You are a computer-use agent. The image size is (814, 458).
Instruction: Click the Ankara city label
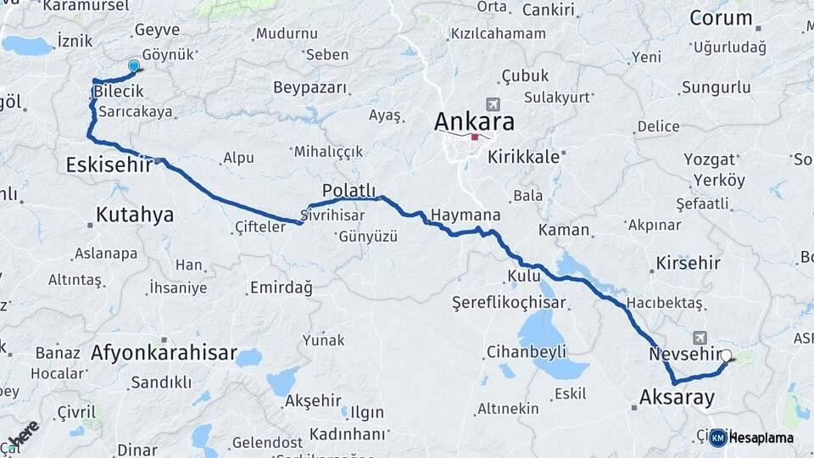coord(474,121)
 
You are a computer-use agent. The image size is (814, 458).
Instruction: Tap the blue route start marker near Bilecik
coord(134,66)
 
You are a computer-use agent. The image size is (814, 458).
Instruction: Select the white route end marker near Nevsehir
coord(727,356)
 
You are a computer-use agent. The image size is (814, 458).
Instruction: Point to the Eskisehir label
coord(108,165)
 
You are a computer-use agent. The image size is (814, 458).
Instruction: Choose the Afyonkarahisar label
coord(164,352)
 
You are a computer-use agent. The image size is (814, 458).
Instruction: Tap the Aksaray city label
coord(677,397)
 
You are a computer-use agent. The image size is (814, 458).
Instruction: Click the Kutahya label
coord(135,215)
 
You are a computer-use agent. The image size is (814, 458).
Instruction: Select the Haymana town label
coord(465,215)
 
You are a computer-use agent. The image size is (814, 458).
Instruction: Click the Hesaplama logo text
coord(761,438)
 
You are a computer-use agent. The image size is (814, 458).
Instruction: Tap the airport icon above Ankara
coord(495,103)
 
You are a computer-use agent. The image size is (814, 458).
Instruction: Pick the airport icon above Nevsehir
coord(700,337)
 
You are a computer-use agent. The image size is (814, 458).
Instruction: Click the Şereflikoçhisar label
coord(508,302)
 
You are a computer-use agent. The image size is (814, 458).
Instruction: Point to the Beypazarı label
coord(311,87)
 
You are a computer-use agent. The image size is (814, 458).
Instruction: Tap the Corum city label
coord(721,18)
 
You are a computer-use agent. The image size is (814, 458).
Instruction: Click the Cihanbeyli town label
coord(521,351)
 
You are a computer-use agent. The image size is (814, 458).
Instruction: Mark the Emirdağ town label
coord(281,288)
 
